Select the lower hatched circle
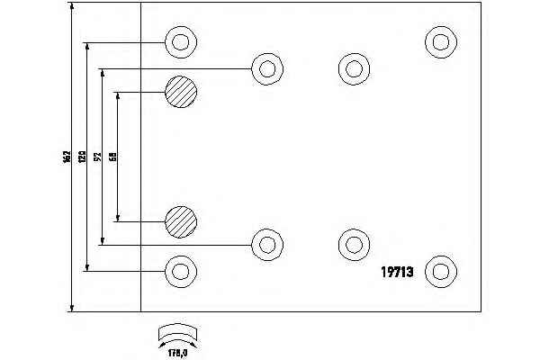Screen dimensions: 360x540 180,220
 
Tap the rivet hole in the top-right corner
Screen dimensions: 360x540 439,40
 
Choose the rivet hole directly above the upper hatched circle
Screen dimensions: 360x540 180,41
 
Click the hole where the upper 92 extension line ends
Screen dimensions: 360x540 265,68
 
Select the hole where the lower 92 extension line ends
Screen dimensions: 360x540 265,243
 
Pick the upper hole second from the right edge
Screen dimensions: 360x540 352,66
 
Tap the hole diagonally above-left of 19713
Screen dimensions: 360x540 352,243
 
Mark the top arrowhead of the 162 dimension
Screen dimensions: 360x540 71,6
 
